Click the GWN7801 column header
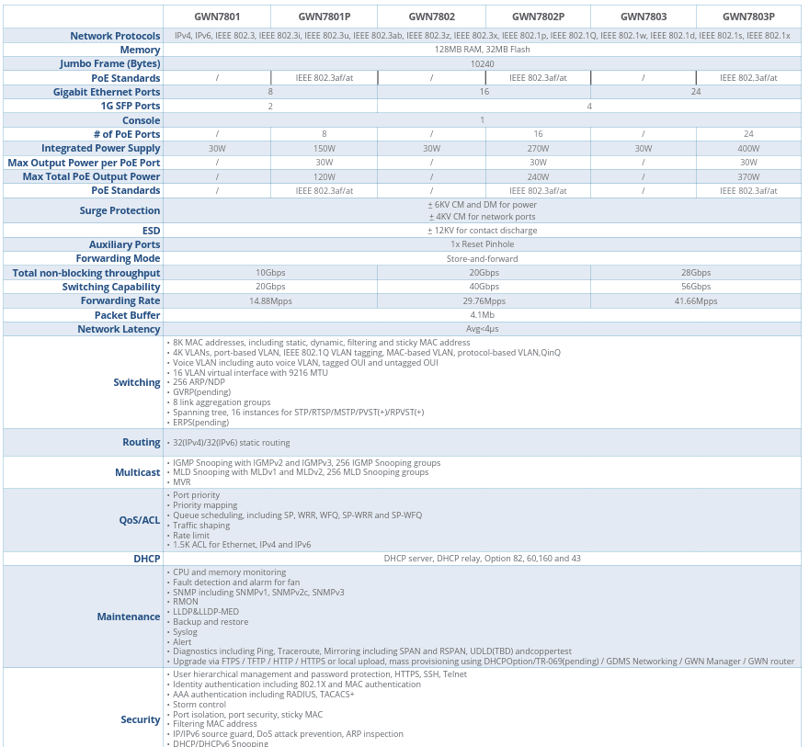(x=217, y=17)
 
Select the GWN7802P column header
(x=538, y=17)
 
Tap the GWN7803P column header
(x=748, y=17)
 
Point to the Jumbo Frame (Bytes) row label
(x=110, y=63)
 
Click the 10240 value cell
(x=482, y=63)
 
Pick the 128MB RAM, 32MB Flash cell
(x=482, y=50)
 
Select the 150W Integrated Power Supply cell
(x=324, y=148)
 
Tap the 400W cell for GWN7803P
(x=748, y=148)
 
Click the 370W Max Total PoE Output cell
(x=748, y=176)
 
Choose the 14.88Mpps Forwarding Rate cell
(x=270, y=300)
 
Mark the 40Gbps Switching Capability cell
(x=484, y=287)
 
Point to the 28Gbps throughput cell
(x=696, y=273)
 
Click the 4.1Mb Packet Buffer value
(x=482, y=315)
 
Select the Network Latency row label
(x=119, y=329)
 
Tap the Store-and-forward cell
(x=482, y=259)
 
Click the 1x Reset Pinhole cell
(x=482, y=244)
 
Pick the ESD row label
(x=151, y=231)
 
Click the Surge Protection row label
(x=120, y=210)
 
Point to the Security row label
(x=141, y=719)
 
